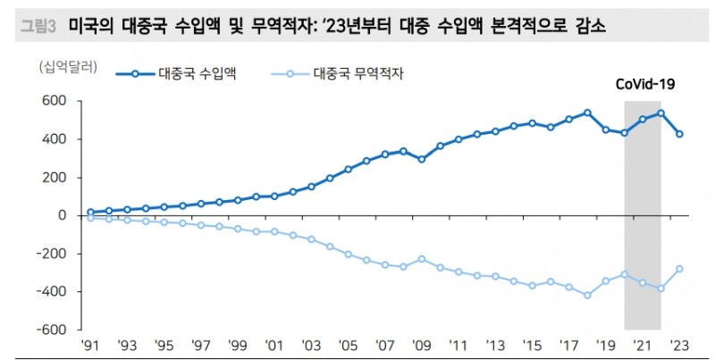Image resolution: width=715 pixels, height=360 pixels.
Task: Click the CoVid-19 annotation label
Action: (644, 84)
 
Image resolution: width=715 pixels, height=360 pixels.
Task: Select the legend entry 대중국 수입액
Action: (196, 74)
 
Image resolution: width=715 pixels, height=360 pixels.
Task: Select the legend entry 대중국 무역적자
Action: (354, 74)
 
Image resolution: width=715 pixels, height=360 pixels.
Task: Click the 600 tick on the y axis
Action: (56, 101)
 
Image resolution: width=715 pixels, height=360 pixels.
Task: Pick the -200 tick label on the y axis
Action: (53, 254)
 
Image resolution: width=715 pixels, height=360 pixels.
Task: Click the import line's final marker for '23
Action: (680, 134)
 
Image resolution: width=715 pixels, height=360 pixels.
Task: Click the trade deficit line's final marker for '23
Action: (680, 269)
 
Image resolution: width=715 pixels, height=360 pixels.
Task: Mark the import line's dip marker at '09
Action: (422, 159)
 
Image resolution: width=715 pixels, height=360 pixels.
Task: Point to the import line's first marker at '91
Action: (90, 212)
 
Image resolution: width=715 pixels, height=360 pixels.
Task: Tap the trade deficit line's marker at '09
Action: (422, 259)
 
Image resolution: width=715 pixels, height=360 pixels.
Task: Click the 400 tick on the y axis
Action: (56, 139)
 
